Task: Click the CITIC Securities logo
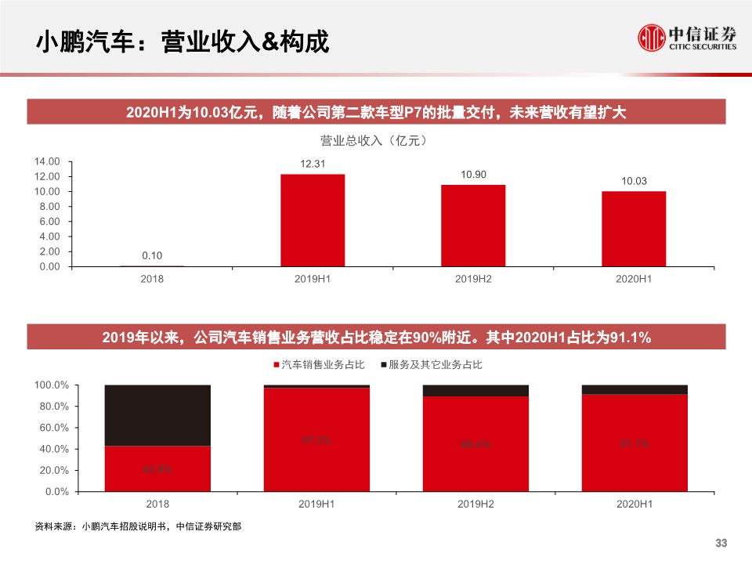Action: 687,37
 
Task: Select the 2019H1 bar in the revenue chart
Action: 313,220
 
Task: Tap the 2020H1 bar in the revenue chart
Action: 634,229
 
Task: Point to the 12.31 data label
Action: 313,164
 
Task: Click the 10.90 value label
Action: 473,174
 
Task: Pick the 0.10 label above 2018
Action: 152,255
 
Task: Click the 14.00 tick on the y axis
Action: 47,161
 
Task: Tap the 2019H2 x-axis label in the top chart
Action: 473,279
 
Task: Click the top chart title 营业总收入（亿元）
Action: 374,141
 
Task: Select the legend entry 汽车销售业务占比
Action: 318,365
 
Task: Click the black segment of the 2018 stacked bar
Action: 157,415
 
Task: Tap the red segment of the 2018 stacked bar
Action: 157,468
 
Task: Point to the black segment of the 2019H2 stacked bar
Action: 475,390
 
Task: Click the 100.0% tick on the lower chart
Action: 52,385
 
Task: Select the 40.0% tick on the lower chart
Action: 52,449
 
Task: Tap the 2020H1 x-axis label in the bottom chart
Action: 634,504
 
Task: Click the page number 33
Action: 721,544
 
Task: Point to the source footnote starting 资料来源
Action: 138,526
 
